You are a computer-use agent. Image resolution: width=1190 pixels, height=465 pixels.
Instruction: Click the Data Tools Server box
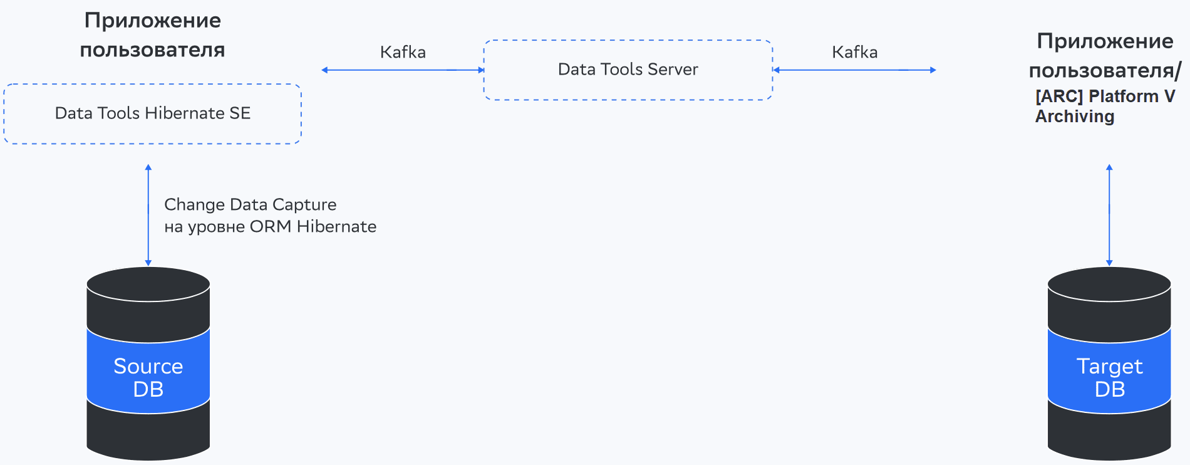click(628, 70)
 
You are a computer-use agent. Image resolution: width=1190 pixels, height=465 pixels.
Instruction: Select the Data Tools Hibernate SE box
click(152, 113)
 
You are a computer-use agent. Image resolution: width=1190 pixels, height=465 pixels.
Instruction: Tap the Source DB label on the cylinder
click(148, 377)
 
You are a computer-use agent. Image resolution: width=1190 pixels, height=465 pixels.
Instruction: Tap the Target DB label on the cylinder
click(1109, 377)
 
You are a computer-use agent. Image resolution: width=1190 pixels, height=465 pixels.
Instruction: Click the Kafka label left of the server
click(403, 53)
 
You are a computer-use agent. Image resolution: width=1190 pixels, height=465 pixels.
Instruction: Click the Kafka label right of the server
click(854, 53)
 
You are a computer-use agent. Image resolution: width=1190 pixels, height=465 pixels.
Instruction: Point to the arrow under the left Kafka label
click(403, 70)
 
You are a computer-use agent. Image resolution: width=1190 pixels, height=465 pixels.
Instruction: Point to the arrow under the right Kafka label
click(854, 70)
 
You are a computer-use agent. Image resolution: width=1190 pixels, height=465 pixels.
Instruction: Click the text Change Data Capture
click(250, 205)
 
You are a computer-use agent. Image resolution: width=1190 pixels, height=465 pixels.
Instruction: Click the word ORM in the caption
click(270, 227)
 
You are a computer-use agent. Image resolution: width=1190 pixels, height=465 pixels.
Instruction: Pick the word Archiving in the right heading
click(1075, 117)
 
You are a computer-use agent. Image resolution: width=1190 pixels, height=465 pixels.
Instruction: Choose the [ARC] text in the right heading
click(1059, 97)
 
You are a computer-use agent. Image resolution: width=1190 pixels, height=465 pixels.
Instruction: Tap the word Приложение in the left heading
click(153, 21)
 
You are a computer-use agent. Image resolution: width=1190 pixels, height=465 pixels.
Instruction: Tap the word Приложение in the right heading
click(1105, 41)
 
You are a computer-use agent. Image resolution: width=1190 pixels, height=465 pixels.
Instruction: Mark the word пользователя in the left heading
click(152, 50)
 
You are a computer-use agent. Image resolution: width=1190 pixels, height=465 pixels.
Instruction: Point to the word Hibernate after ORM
click(336, 227)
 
